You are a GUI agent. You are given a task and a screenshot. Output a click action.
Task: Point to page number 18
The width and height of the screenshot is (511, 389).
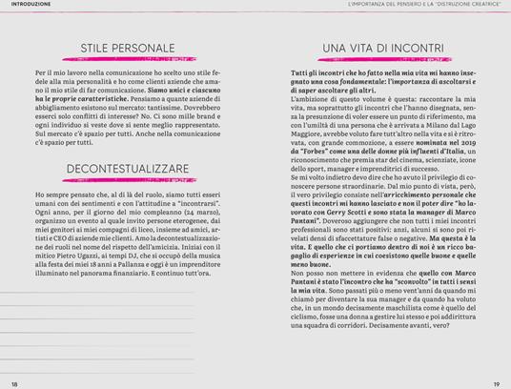point(14,383)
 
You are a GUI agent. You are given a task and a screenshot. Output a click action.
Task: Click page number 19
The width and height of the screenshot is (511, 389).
point(496,383)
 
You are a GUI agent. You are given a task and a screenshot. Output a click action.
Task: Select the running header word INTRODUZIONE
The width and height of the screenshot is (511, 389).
point(28,5)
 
